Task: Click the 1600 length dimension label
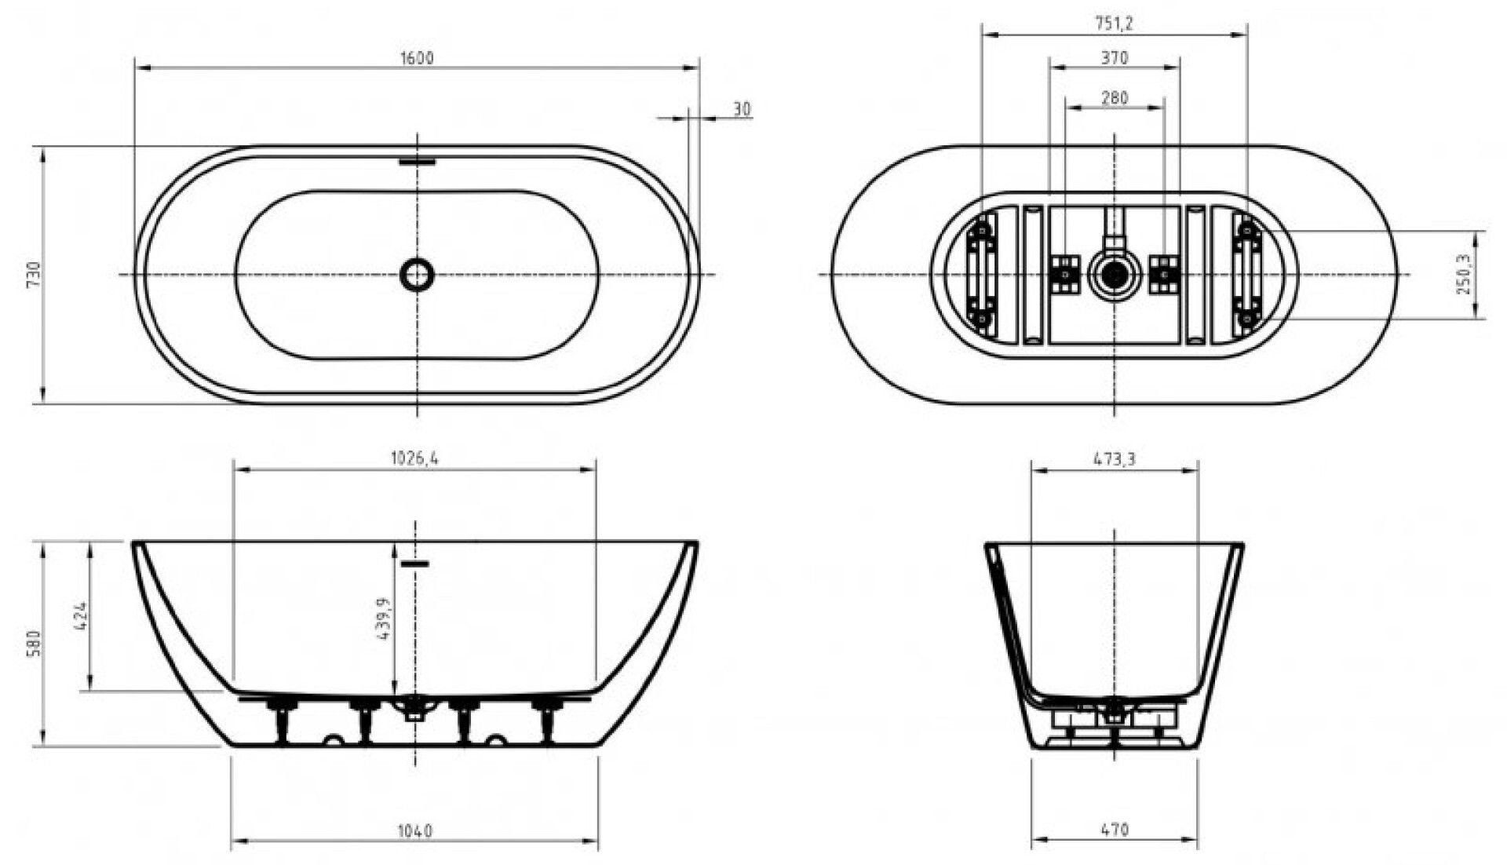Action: click(x=417, y=58)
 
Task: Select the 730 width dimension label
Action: click(x=33, y=275)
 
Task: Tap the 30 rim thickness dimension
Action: click(x=742, y=109)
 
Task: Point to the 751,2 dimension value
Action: click(x=1115, y=24)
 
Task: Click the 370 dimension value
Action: click(x=1115, y=58)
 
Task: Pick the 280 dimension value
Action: click(x=1115, y=98)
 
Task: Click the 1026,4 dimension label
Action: click(x=414, y=458)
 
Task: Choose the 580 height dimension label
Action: click(x=33, y=644)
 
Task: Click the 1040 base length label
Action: click(x=415, y=830)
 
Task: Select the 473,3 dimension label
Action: click(x=1115, y=459)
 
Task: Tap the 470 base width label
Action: click(x=1115, y=829)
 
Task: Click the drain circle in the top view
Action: click(x=417, y=274)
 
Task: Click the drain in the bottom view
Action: click(x=1115, y=274)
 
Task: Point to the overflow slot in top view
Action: click(x=417, y=162)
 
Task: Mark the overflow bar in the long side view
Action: click(x=415, y=564)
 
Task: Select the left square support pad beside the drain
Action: click(x=1064, y=274)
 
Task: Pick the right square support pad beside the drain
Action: click(x=1165, y=274)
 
